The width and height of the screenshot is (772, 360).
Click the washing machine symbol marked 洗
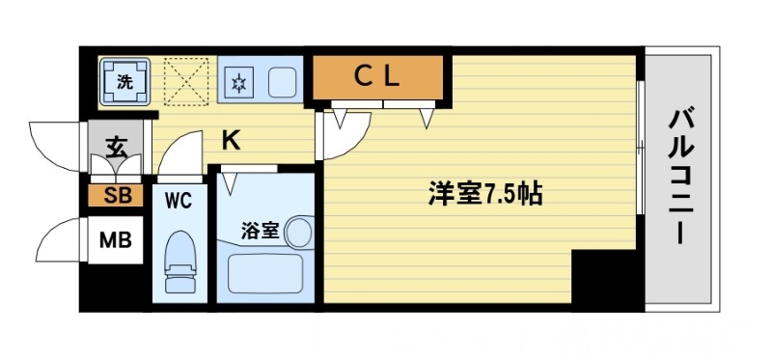[x=124, y=82]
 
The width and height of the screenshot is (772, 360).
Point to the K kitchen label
[x=232, y=141]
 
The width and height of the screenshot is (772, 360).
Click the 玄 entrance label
[x=116, y=148]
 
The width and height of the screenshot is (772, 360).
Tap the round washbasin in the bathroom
[x=299, y=232]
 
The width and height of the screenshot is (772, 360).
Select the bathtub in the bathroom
[x=266, y=273]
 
